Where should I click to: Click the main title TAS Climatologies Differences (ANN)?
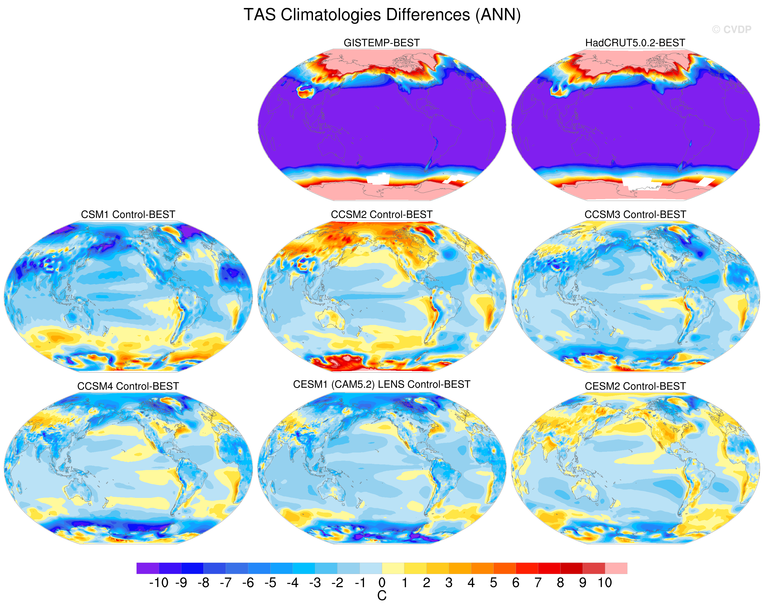coord(382,15)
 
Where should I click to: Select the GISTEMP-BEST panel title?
coord(382,43)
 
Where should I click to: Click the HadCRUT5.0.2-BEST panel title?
coord(635,43)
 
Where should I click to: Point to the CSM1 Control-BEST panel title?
coord(128,214)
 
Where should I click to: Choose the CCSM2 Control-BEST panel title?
coord(382,214)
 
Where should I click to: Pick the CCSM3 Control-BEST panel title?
coord(635,214)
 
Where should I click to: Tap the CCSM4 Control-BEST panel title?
coord(128,386)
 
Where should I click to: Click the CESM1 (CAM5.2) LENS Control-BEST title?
coord(382,385)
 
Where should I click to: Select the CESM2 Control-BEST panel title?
coord(635,386)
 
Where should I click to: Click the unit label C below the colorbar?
coord(382,596)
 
